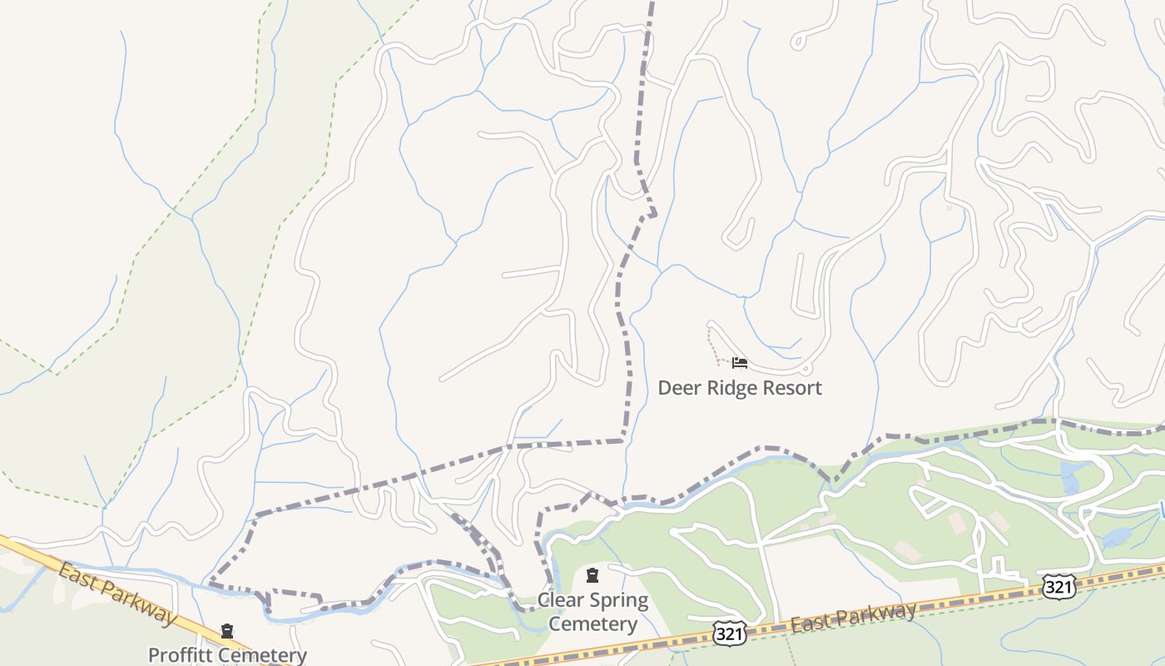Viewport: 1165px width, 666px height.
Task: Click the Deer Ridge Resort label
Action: click(740, 388)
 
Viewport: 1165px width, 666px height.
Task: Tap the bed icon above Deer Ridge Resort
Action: click(739, 363)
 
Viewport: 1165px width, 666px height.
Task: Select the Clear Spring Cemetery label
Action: click(592, 612)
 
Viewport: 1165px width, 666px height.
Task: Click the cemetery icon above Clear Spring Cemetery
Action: click(592, 575)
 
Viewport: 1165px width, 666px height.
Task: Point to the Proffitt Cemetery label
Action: click(227, 655)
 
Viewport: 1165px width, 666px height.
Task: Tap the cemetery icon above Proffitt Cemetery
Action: click(227, 632)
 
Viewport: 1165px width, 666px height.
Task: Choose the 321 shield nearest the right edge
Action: click(1058, 587)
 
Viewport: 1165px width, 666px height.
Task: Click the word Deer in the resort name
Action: click(677, 388)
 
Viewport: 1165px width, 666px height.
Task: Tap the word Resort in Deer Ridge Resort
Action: click(795, 388)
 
